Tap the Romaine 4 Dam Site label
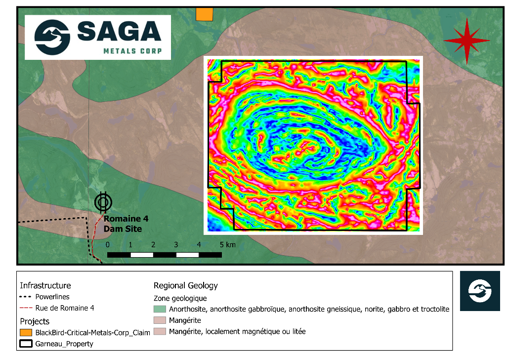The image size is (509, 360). pos(126,224)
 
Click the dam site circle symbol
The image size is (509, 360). pos(103,202)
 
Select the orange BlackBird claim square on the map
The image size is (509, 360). pos(204,14)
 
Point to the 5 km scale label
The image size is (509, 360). pos(228,245)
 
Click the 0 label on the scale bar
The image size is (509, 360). pos(108,245)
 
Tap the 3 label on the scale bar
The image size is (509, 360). pos(176,245)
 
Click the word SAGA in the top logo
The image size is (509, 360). pos(119,32)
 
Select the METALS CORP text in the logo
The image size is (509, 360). pos(132,51)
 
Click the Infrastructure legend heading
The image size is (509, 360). pos(45,285)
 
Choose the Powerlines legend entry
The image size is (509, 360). pos(52,297)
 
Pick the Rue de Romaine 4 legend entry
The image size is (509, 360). pos(64,308)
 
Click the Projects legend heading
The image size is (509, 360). pos(35,321)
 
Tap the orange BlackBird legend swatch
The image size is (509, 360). pos(25,332)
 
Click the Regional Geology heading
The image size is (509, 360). pos(185,285)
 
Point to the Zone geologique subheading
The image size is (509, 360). pos(180,298)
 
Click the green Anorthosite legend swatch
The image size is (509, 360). pos(160,309)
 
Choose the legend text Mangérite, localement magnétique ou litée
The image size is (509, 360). pos(237,331)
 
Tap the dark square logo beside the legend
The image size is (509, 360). pos(480,291)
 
